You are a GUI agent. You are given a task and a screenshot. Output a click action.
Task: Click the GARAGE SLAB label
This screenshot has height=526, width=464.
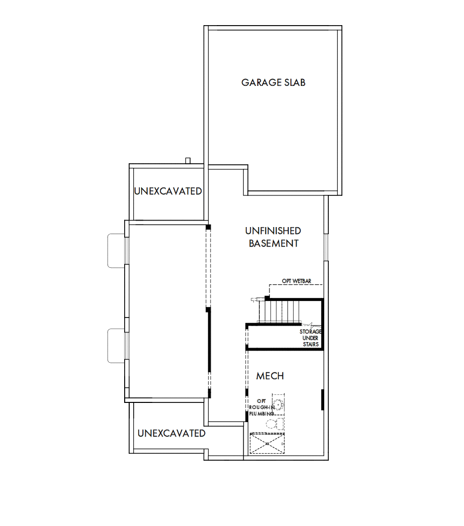273,82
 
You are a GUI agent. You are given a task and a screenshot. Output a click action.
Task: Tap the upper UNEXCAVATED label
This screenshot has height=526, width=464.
168,191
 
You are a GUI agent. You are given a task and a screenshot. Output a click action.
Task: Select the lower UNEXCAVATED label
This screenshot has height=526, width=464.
171,433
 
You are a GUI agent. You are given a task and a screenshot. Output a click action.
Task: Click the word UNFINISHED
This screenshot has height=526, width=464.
273,231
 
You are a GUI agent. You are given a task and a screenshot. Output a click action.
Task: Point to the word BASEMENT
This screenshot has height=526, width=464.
273,244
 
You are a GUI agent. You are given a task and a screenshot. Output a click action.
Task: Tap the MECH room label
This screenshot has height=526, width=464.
270,376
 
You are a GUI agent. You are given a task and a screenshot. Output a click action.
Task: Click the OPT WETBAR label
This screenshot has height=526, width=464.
297,281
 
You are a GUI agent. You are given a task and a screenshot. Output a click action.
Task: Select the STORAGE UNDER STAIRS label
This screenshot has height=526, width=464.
310,338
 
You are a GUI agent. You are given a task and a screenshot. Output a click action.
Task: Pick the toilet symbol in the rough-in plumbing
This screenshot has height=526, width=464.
272,424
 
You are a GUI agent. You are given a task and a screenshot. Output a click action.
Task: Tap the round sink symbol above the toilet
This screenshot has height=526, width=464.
278,405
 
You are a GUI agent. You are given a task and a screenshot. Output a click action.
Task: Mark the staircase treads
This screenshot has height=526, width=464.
283,311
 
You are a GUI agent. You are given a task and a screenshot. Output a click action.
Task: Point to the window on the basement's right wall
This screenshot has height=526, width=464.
326,247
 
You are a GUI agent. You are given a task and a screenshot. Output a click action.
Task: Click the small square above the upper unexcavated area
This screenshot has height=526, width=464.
188,160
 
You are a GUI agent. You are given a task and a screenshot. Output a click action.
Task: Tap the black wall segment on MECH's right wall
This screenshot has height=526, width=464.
322,399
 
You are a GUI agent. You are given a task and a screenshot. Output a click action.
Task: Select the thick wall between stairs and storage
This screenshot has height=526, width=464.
284,325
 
